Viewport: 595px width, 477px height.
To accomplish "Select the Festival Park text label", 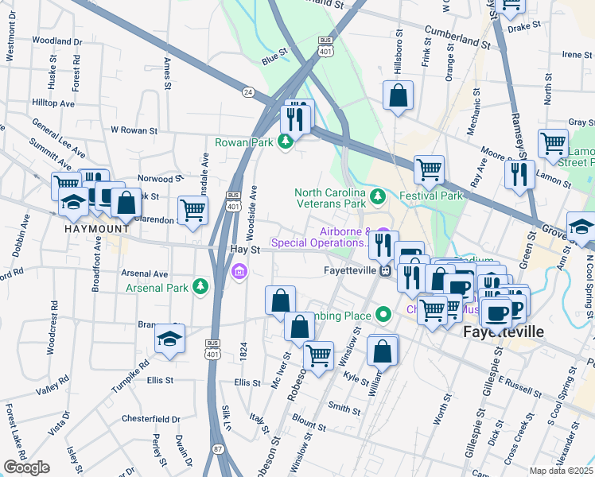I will [x=430, y=195].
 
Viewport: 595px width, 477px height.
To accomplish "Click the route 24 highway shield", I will [x=248, y=92].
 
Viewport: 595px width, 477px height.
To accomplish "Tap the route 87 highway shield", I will [x=217, y=450].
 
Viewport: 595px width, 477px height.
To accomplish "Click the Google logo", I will [x=26, y=467].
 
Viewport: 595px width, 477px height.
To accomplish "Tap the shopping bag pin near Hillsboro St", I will [x=399, y=97].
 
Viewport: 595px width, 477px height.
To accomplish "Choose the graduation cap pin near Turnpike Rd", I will [x=170, y=339].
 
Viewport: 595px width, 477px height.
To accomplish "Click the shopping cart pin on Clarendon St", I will [x=192, y=211].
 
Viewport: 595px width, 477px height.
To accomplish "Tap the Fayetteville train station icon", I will [x=385, y=270].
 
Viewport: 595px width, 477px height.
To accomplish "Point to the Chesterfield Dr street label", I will [x=150, y=418].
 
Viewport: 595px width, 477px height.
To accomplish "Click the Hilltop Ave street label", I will [x=52, y=103].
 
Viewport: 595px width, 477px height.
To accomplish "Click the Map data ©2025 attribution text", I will [x=561, y=471].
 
